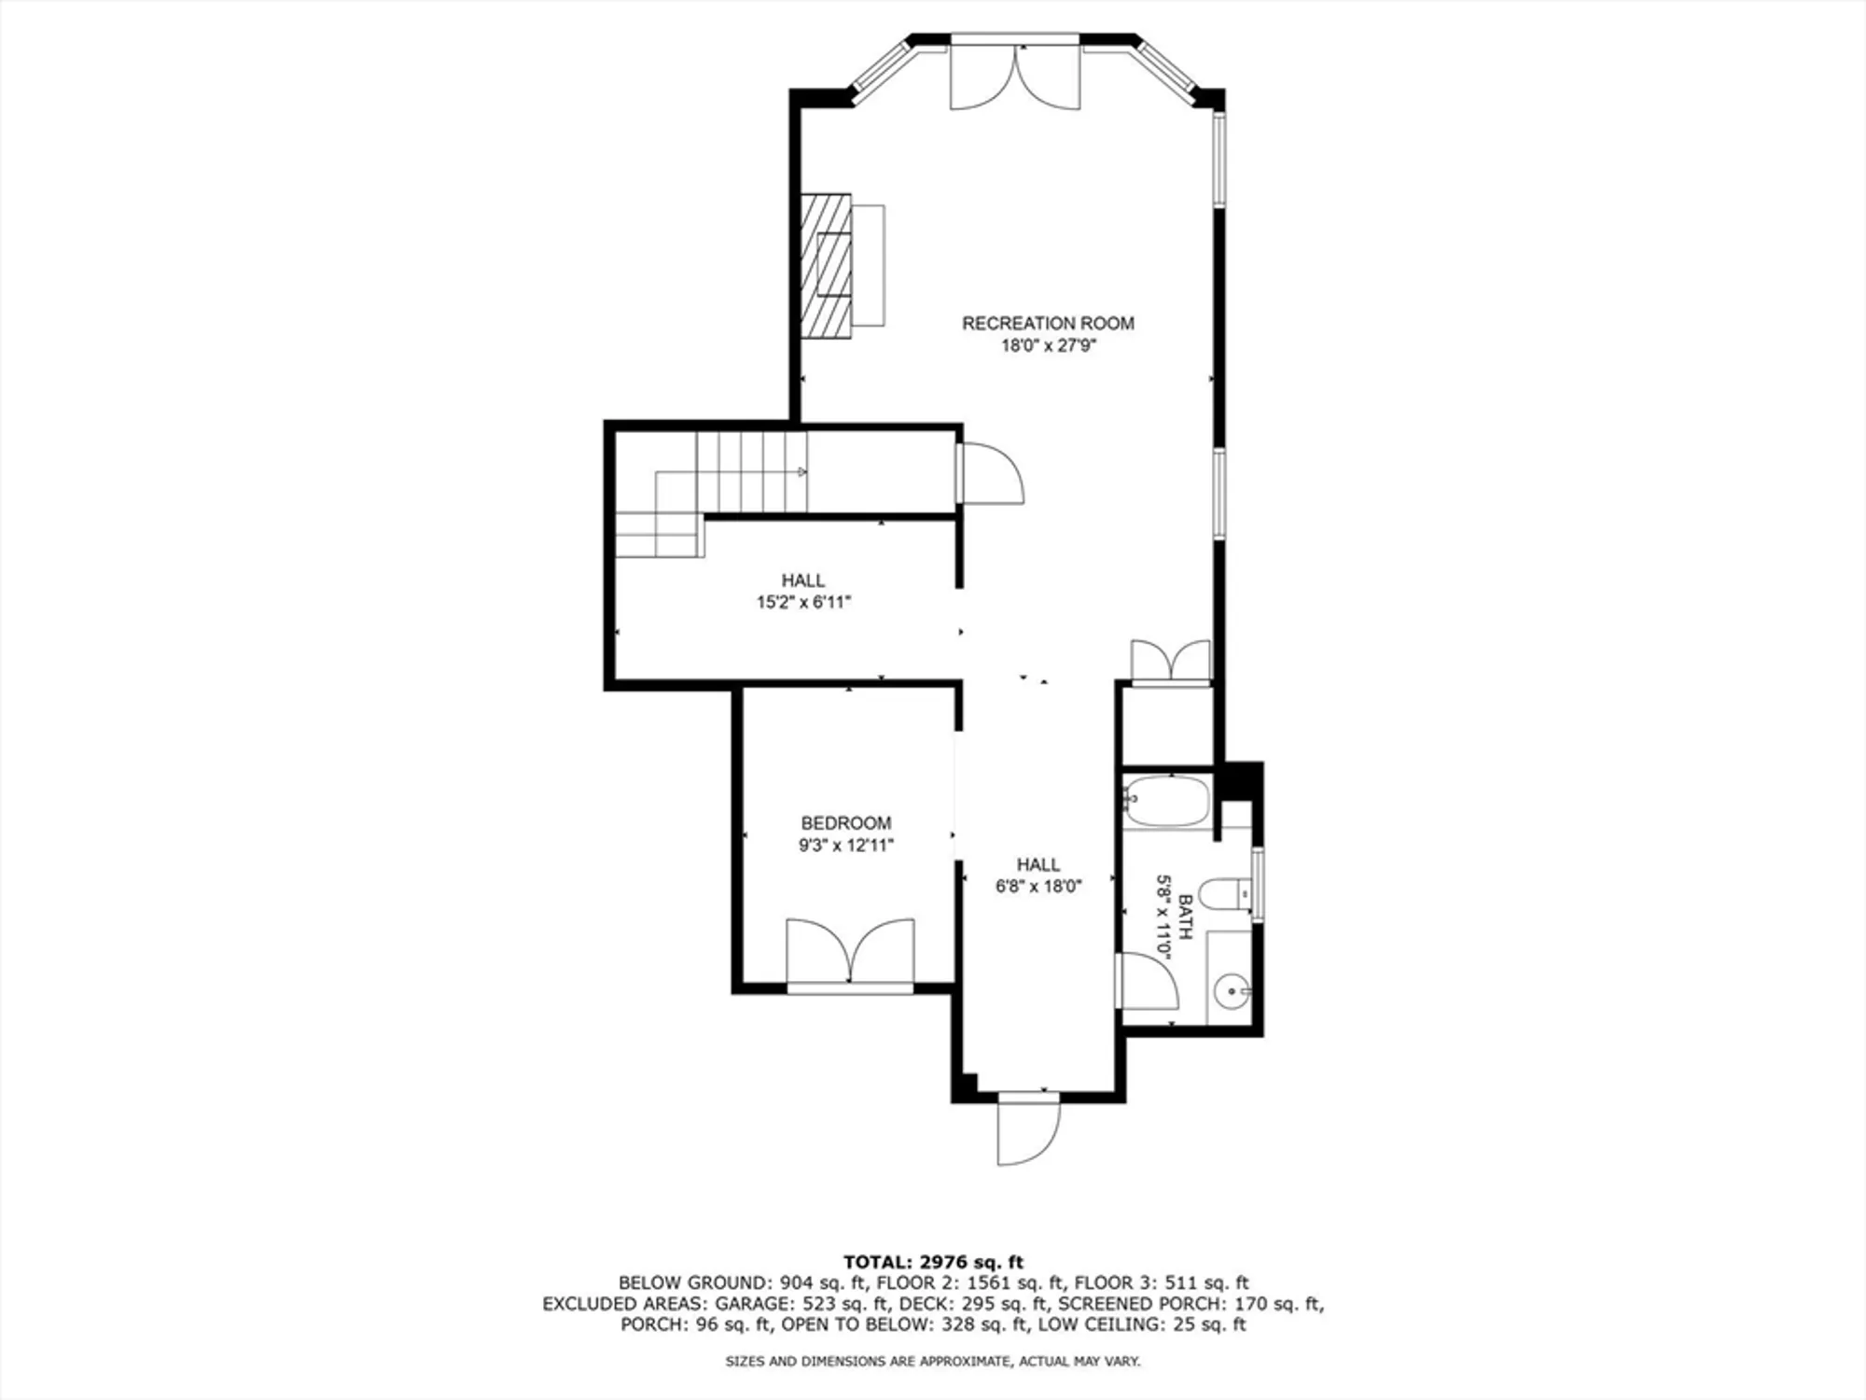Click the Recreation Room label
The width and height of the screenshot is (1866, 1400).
[1048, 323]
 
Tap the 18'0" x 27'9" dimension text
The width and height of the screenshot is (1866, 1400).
[1048, 346]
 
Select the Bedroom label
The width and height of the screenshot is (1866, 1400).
[845, 823]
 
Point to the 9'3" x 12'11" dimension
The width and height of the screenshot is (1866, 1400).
[845, 846]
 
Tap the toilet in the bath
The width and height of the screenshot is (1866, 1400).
[1223, 894]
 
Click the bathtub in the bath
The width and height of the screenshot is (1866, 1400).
[1166, 801]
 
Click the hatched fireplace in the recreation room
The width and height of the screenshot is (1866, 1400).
[827, 265]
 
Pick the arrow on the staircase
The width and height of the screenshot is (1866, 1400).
[801, 472]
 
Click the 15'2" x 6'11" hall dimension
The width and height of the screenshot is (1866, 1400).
[803, 603]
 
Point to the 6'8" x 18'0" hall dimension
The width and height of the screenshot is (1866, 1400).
[1037, 887]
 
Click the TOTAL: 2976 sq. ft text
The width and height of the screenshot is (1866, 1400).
[933, 1263]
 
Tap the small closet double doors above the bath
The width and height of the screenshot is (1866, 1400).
[1171, 661]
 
